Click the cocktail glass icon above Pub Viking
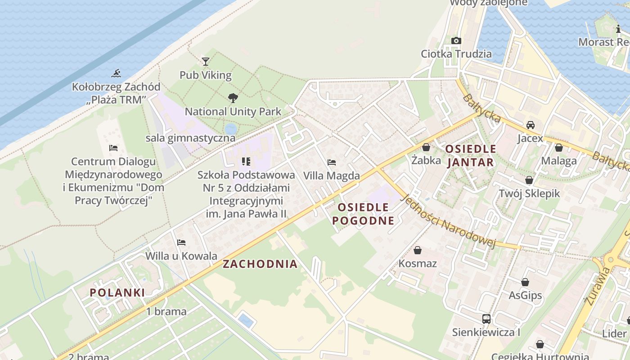206,61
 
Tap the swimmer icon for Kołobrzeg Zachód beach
117,73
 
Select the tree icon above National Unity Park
233,98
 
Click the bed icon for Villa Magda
332,162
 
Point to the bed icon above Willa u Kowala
181,243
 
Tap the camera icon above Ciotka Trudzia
456,40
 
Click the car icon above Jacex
531,125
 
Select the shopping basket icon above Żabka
426,147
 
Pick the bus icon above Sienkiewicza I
486,319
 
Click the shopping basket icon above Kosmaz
418,250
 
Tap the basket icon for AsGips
525,282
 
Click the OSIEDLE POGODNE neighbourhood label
363,214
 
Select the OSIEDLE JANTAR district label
470,155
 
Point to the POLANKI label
117,292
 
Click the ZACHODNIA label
260,264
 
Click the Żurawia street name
598,286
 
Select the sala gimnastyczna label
190,138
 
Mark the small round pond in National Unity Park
230,129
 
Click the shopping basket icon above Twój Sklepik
529,180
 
